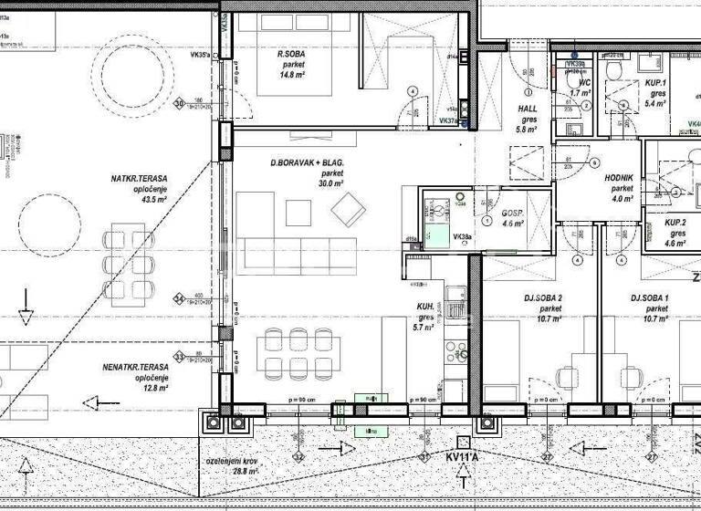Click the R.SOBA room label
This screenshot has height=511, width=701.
click(x=291, y=54)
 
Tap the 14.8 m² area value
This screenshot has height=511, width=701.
click(x=291, y=76)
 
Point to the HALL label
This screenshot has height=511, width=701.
click(x=528, y=109)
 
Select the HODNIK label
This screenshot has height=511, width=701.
click(x=619, y=179)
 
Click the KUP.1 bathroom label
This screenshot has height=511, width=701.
click(x=655, y=83)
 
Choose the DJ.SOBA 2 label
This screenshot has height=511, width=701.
click(x=543, y=298)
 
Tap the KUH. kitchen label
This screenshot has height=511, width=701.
click(x=424, y=308)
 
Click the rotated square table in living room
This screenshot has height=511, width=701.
click(x=348, y=211)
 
